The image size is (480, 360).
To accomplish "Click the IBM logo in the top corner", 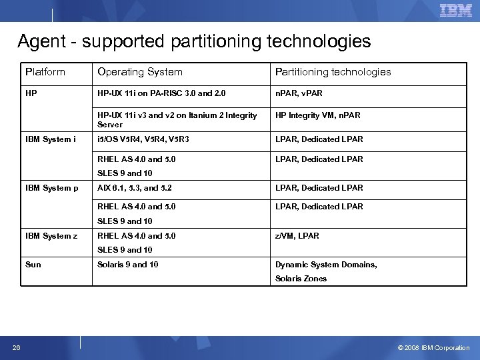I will [456, 11].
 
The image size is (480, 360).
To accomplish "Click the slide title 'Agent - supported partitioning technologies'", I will [194, 42].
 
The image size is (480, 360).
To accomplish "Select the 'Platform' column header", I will [45, 72].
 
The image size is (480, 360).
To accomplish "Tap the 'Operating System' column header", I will [140, 72].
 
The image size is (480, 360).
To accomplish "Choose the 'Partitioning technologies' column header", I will [333, 72].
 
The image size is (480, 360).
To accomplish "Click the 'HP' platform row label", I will [31, 93].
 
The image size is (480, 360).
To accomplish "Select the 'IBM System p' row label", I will [52, 188].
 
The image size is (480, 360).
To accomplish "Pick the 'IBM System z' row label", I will [52, 236].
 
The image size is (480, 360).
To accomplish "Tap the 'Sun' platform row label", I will [33, 265].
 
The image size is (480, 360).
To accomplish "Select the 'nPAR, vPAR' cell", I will [299, 93].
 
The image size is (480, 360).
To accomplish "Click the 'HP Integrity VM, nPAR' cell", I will [317, 115].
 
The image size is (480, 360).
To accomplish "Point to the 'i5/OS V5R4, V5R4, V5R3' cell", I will [143, 139].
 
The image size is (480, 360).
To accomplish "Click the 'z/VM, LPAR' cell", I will [297, 236].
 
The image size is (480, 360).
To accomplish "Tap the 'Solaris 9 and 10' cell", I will [128, 265].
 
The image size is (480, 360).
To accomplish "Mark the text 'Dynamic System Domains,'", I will [326, 265].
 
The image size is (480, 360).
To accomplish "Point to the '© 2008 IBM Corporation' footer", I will [433, 347].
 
